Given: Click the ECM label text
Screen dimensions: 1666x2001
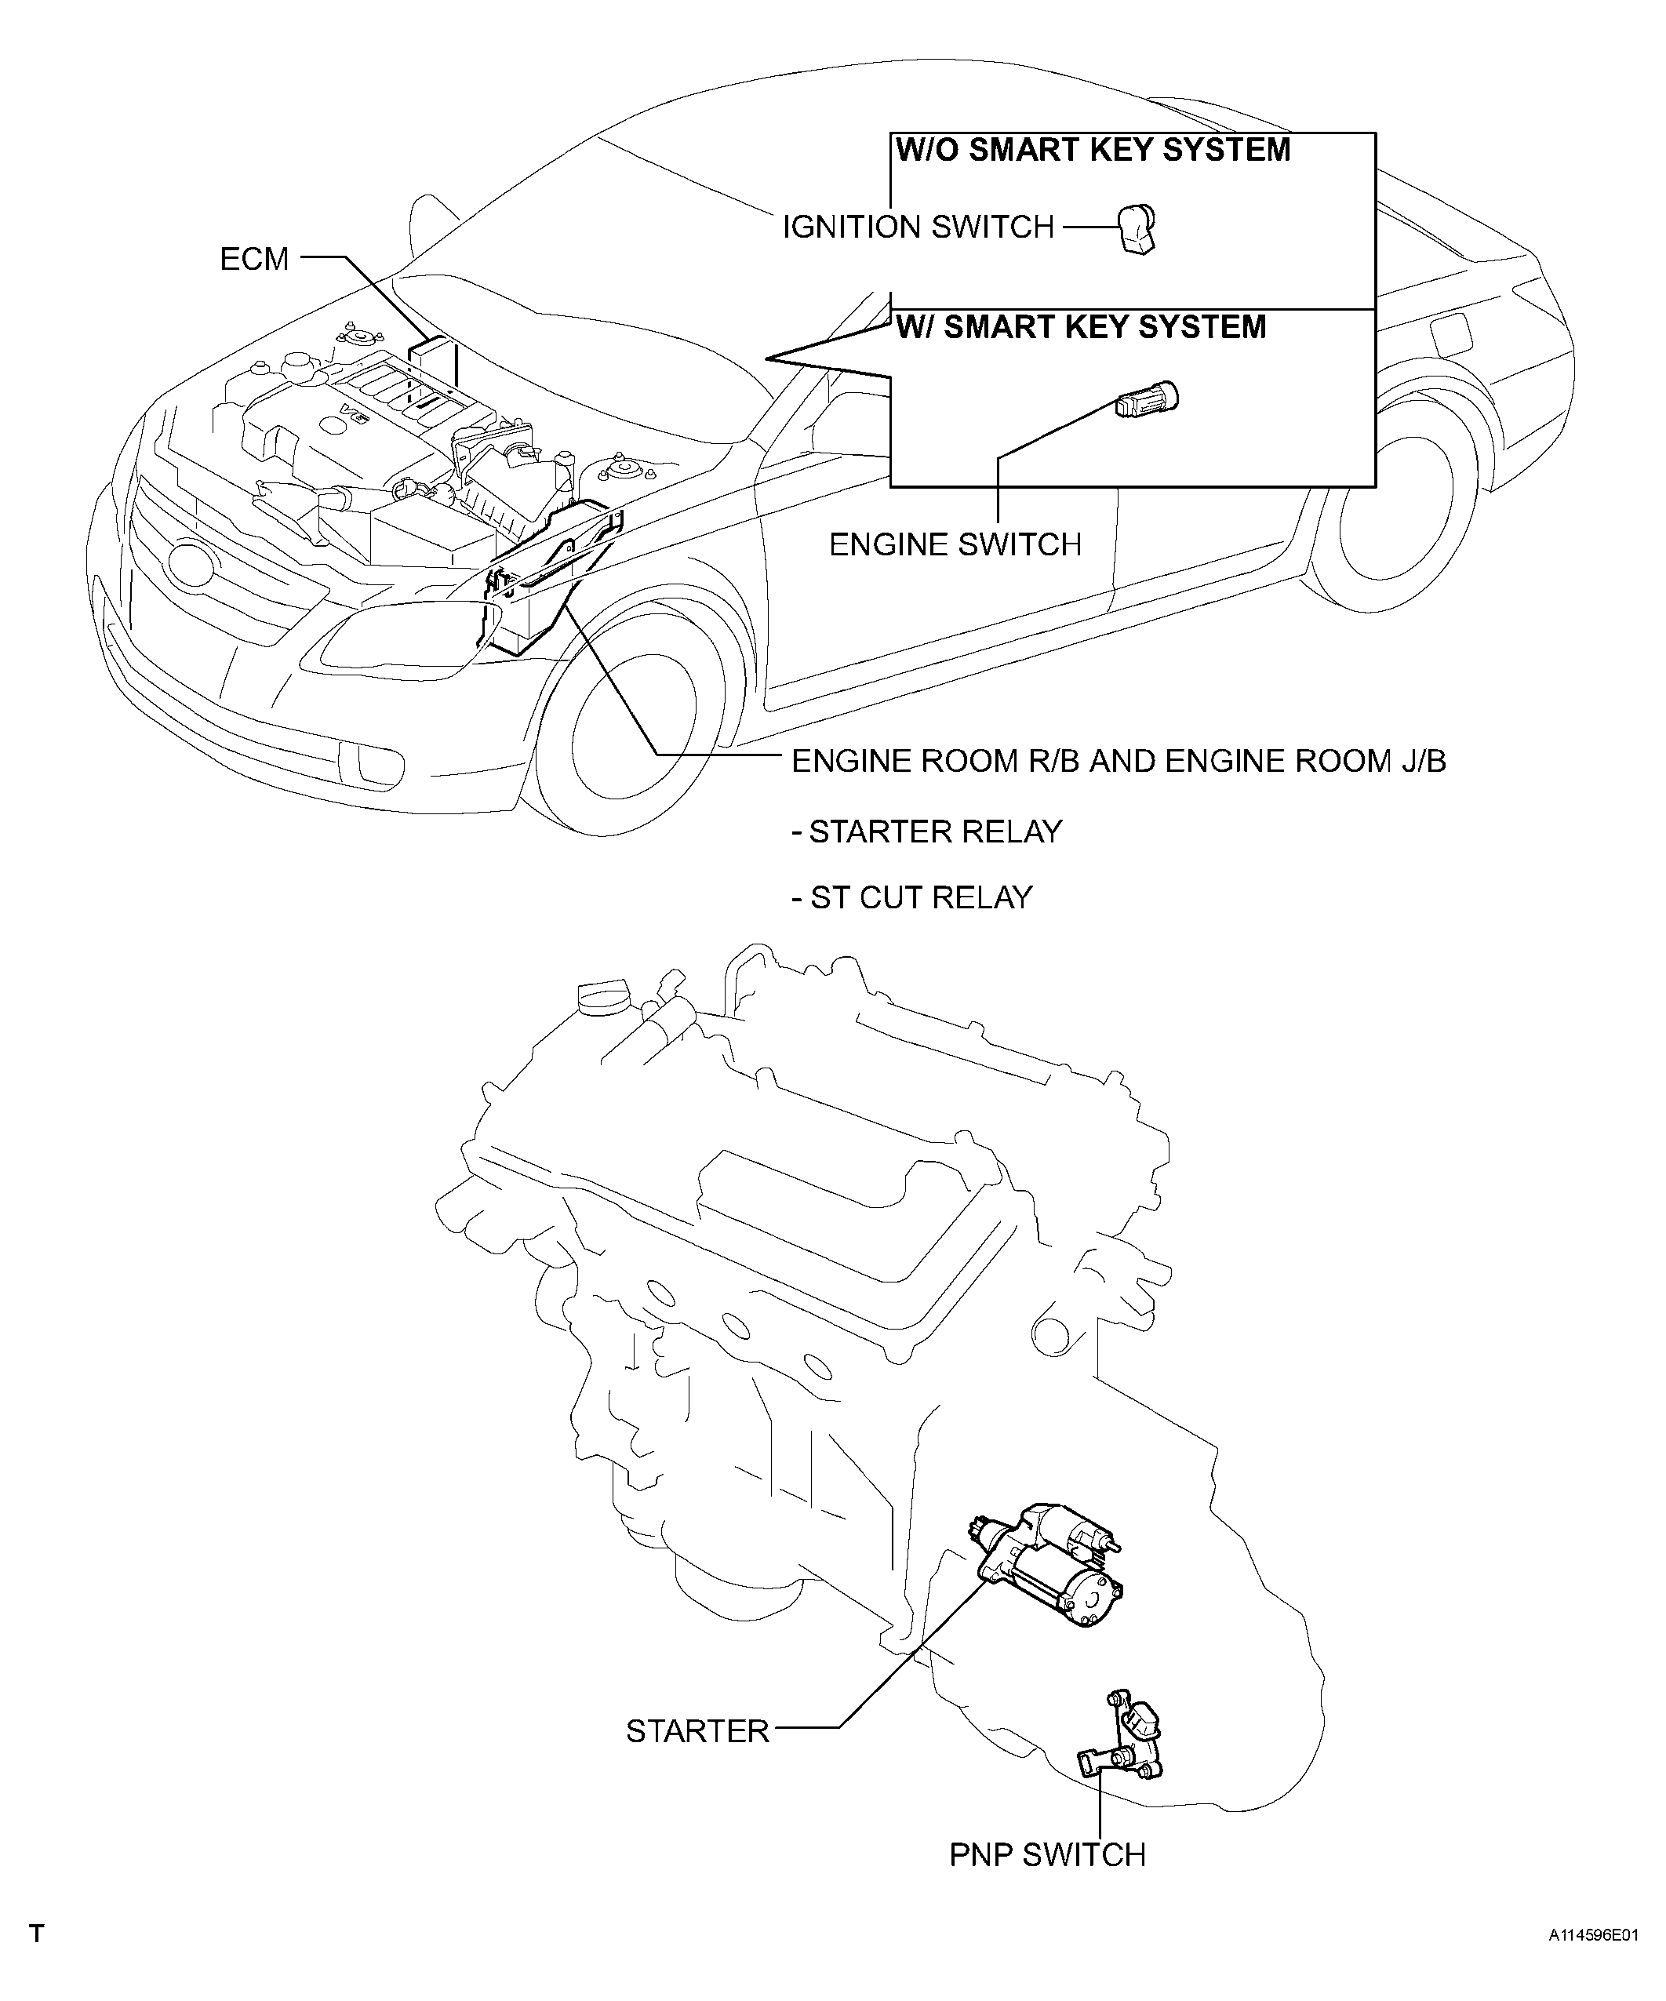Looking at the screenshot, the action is (254, 258).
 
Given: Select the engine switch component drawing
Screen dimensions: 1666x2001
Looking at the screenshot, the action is (1148, 398).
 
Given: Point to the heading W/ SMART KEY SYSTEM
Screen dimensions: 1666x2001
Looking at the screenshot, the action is (1082, 327).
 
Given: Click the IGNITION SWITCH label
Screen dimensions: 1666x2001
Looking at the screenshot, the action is (918, 227).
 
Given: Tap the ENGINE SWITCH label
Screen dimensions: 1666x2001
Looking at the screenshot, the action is (956, 544).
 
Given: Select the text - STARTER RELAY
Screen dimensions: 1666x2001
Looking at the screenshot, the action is (927, 831).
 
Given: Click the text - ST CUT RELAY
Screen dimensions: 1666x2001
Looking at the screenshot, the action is (913, 897).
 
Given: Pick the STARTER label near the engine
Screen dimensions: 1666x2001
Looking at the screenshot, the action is (697, 1731).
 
